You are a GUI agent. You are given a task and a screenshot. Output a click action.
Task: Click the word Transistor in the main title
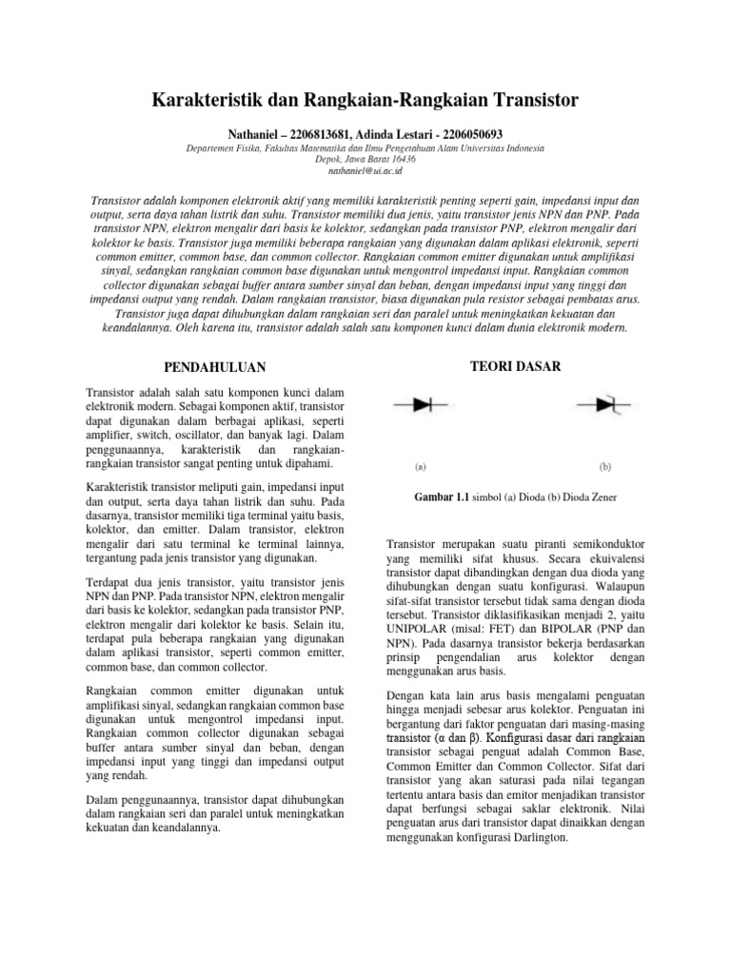531,99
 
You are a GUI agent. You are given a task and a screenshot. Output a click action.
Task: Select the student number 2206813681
320,134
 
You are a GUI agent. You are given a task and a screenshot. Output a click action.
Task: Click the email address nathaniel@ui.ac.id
365,171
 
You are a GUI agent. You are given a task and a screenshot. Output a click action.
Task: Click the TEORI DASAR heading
516,366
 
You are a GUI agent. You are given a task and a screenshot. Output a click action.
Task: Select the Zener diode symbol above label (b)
605,405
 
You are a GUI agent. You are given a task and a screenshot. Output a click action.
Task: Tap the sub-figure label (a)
421,467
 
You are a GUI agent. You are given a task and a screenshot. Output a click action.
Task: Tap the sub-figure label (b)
604,467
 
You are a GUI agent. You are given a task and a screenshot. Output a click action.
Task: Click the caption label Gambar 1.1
444,497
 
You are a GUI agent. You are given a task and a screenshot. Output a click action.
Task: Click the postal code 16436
403,160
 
